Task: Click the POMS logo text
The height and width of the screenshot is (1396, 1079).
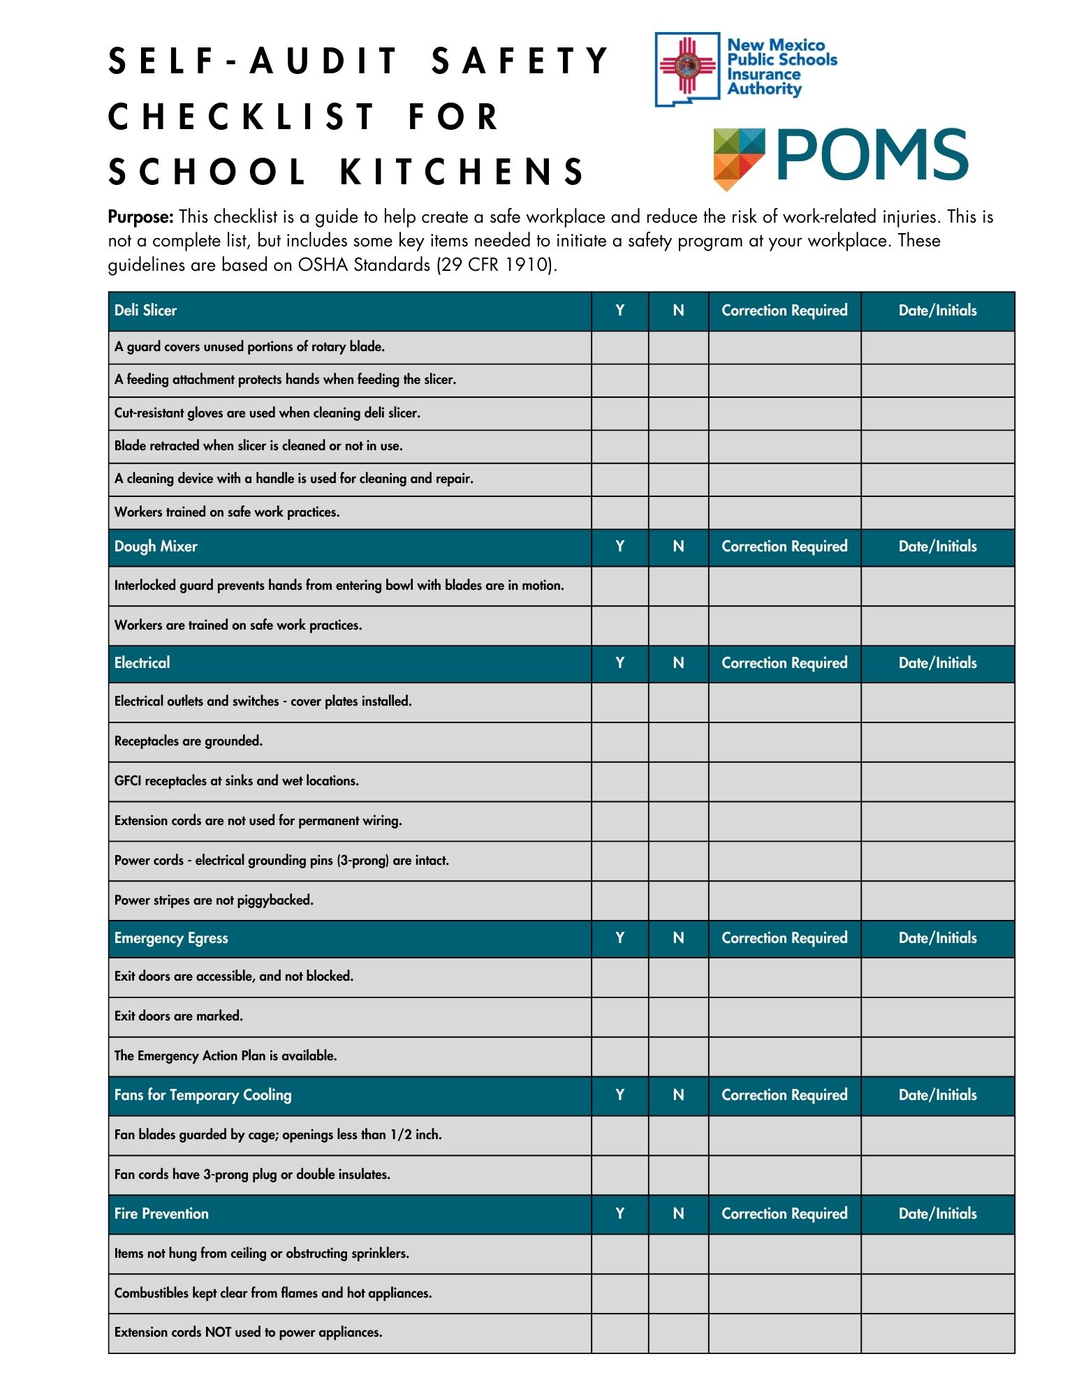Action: (871, 154)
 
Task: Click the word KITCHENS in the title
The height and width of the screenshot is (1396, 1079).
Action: (462, 172)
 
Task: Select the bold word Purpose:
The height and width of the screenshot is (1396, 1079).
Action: (140, 217)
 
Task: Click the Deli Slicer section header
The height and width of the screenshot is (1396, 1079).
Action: (145, 311)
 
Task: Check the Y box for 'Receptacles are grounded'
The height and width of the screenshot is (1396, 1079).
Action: (619, 741)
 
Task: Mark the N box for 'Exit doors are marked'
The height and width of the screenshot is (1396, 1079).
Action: (678, 1016)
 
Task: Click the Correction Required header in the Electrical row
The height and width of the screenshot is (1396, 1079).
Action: (784, 663)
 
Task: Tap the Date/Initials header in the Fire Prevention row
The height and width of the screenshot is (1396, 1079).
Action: (937, 1214)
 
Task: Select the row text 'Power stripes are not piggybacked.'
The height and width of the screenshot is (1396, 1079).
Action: (214, 900)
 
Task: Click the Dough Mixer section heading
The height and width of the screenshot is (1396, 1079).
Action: (156, 547)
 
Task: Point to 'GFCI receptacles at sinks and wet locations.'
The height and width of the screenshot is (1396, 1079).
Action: (236, 781)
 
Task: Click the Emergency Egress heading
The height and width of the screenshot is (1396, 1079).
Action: (171, 938)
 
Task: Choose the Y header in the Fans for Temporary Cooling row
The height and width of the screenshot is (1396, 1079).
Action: (619, 1095)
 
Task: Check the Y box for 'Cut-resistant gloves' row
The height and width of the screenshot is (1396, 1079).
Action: (619, 413)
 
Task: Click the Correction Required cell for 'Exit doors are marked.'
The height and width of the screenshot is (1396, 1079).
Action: (784, 1016)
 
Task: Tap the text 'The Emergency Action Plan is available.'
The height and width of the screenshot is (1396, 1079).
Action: (226, 1056)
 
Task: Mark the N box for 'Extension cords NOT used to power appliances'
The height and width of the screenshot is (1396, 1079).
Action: (678, 1332)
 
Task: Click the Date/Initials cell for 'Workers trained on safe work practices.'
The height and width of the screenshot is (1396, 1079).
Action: (937, 512)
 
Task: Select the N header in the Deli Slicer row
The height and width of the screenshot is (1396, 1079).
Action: (678, 311)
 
